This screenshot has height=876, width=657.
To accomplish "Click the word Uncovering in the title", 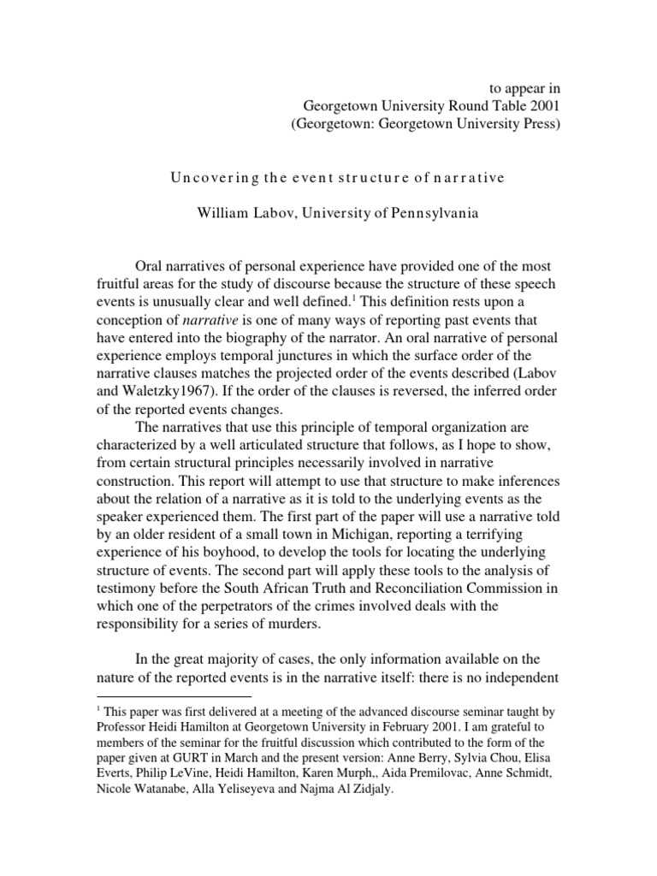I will pos(209,178).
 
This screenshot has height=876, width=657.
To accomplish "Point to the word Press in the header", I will pos(539,125).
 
